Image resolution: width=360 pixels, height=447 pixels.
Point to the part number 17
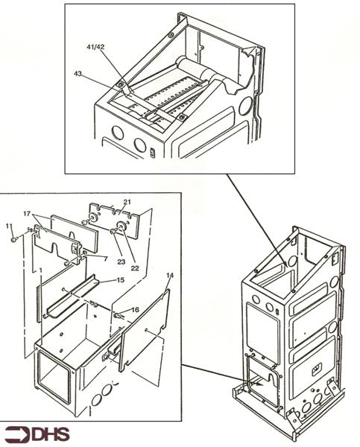click(x=26, y=214)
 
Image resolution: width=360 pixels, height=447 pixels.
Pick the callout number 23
click(x=120, y=251)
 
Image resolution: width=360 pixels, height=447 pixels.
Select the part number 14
click(x=170, y=276)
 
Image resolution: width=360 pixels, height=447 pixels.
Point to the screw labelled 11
click(x=15, y=239)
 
